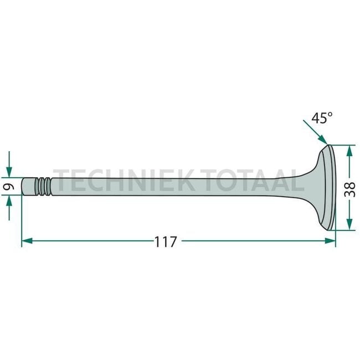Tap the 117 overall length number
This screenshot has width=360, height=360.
[165, 241]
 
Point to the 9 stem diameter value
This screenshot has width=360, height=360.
[9, 187]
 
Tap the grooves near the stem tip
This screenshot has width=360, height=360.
[44, 187]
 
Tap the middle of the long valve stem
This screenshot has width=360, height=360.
[166, 187]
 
